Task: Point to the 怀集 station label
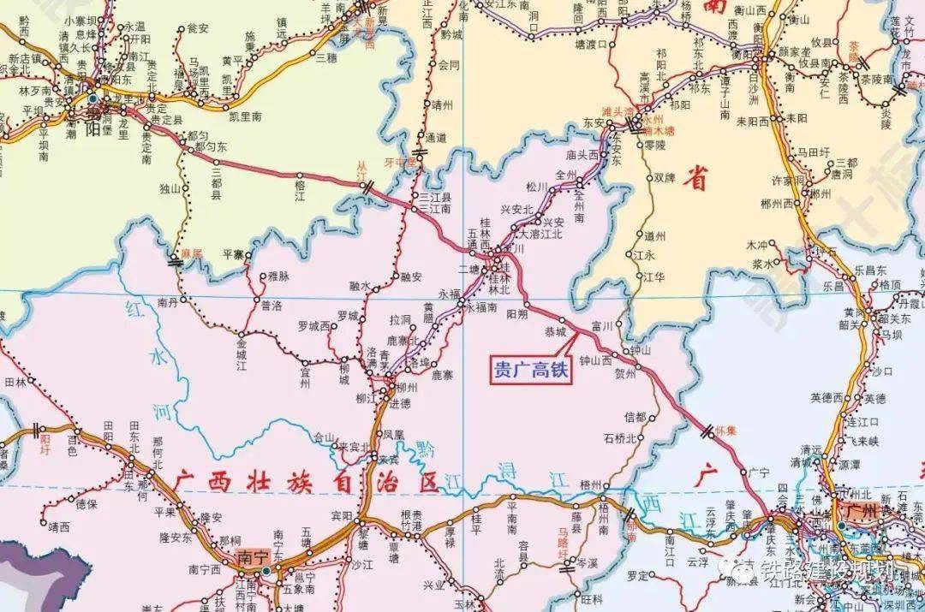[726, 431]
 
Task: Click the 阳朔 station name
[516, 314]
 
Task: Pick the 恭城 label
[555, 331]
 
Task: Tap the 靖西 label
[58, 527]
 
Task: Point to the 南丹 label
[168, 302]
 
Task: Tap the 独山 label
[170, 187]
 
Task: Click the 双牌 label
[665, 178]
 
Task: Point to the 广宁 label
[759, 472]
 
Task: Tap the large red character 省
[701, 181]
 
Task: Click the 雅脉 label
[279, 276]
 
